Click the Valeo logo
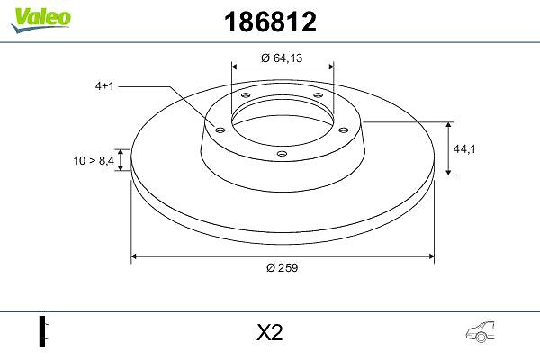coord(41,20)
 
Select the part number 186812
coord(270,22)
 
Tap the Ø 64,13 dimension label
coord(282,58)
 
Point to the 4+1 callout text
coord(104,86)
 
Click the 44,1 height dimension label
coord(464,149)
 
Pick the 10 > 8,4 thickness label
coord(94,160)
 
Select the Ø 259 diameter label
coord(282,267)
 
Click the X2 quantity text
coord(270,332)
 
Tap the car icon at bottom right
coord(481,332)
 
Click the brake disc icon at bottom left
coord(44,331)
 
